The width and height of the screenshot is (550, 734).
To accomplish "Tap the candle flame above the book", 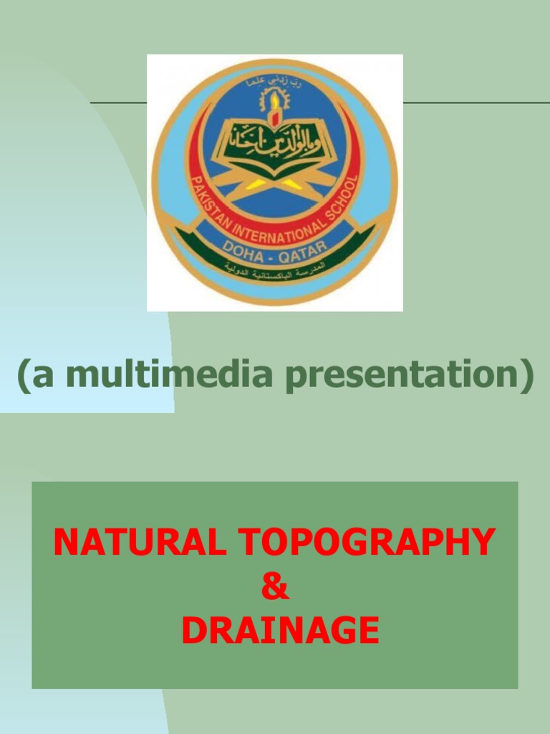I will click(x=273, y=115).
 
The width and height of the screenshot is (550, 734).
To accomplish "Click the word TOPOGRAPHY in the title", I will click(x=367, y=542).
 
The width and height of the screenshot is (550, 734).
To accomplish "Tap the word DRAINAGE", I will click(x=279, y=630).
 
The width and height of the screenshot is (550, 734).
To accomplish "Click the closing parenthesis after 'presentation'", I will click(x=526, y=376).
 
